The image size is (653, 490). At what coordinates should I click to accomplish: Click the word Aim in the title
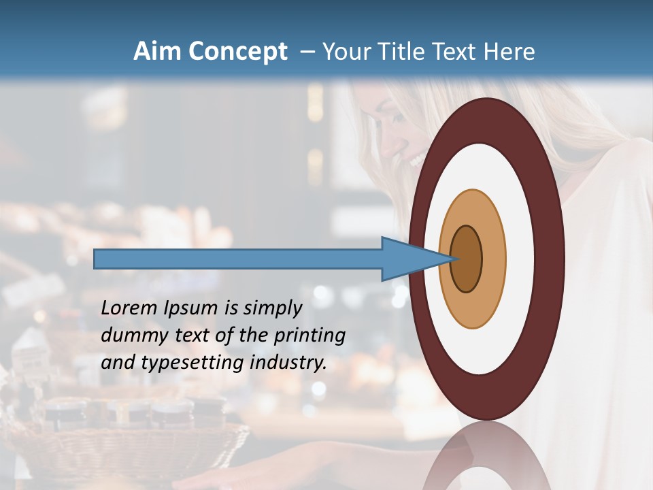pyautogui.click(x=157, y=52)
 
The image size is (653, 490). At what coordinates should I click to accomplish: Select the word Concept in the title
pyautogui.click(x=237, y=52)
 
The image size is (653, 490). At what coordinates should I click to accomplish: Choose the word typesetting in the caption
pyautogui.click(x=193, y=363)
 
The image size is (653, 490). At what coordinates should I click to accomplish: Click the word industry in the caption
pyautogui.click(x=288, y=363)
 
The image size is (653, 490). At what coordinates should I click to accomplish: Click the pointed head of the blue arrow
pyautogui.click(x=422, y=259)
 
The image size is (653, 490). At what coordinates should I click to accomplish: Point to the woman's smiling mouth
pyautogui.click(x=416, y=161)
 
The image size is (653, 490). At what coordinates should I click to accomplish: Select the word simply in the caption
pyautogui.click(x=272, y=309)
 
